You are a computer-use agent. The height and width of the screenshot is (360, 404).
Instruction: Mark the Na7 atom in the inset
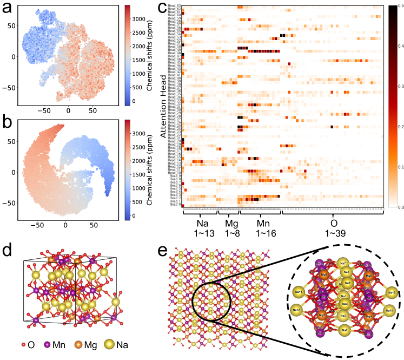pos(343,263)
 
